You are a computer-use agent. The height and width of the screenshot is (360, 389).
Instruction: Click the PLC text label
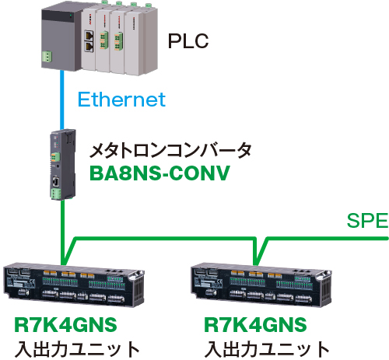[188, 41]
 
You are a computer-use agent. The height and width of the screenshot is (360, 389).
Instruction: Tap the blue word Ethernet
[121, 100]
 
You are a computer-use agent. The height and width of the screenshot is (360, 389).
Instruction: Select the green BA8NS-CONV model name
[159, 173]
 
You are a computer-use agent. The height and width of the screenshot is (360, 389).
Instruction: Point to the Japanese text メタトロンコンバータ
[170, 151]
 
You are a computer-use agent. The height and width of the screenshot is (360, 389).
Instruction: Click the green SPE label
[367, 221]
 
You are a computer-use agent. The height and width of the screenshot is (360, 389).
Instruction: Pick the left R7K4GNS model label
[65, 325]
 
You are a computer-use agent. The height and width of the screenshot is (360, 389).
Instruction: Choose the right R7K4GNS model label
[255, 325]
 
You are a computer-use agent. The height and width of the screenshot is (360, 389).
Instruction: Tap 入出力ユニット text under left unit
[77, 349]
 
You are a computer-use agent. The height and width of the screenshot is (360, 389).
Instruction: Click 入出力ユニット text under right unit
[267, 349]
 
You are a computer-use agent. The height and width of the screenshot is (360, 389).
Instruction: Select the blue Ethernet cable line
[62, 100]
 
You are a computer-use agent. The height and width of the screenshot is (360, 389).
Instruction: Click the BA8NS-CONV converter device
[63, 164]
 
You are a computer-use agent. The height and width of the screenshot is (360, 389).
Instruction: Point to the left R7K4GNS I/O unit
[74, 285]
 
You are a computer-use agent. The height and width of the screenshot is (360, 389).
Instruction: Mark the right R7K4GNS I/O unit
[261, 285]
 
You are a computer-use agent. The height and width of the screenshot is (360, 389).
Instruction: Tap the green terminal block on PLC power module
[47, 57]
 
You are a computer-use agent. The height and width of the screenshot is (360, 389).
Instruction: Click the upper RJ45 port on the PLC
[89, 36]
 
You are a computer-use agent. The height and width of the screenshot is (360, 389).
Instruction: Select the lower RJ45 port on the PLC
[89, 47]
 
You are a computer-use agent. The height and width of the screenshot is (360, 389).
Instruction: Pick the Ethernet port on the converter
[56, 181]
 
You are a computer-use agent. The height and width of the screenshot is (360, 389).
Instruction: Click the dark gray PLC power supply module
[61, 37]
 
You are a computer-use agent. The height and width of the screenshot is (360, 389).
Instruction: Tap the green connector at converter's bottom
[56, 194]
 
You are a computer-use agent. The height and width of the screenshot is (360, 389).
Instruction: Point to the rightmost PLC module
[142, 41]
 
